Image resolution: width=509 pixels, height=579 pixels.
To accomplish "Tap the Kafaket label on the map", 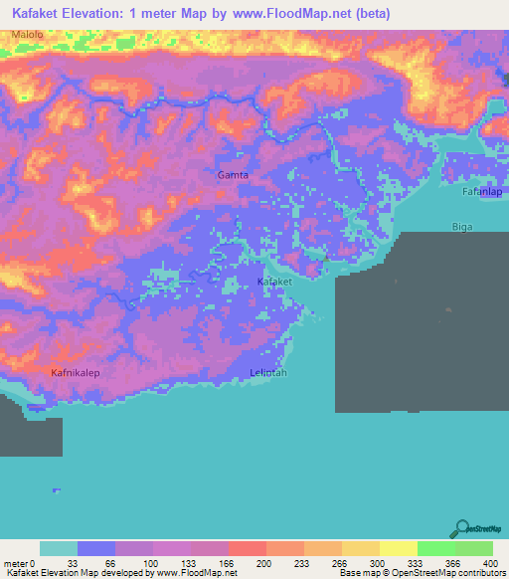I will (x=274, y=283).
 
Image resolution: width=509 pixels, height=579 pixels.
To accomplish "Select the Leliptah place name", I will (x=268, y=372).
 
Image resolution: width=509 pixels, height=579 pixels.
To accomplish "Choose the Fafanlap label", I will (x=484, y=191).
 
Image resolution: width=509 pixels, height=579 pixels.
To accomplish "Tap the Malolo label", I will (x=28, y=35).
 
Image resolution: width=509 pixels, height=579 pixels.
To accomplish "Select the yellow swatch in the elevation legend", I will (x=398, y=548).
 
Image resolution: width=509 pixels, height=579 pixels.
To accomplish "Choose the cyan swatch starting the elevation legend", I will (x=58, y=548).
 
